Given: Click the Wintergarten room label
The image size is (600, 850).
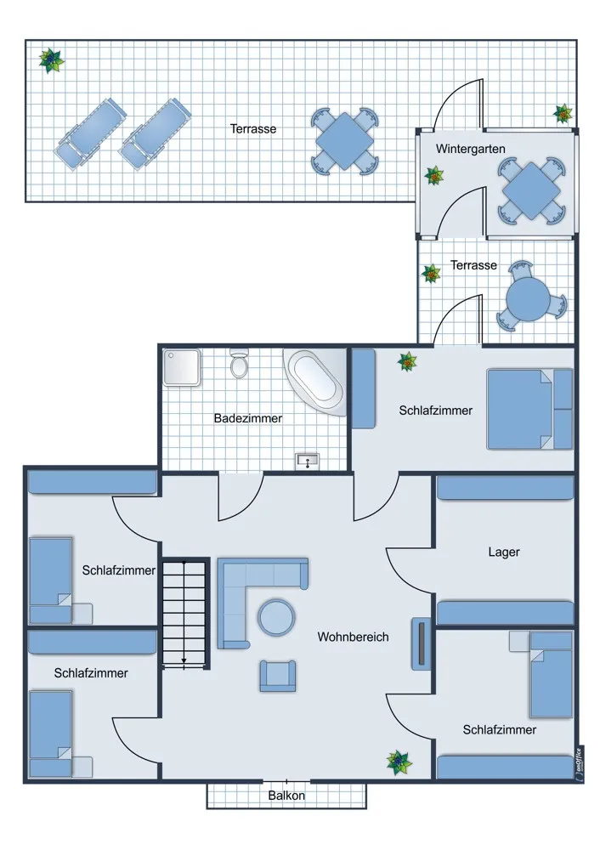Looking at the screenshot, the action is (x=471, y=149).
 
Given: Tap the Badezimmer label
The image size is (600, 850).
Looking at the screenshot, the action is (x=247, y=418).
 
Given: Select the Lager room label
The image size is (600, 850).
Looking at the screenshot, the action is (x=504, y=552).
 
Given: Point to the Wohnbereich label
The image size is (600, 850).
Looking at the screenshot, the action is (x=353, y=637).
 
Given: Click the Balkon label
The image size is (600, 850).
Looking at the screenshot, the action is (x=286, y=796).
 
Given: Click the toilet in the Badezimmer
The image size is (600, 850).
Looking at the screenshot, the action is (x=239, y=363).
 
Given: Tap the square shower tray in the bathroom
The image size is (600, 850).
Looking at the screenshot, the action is (x=182, y=367).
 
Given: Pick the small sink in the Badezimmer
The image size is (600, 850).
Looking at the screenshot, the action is (x=308, y=462).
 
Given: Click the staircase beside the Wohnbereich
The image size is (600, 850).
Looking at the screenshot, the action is (x=184, y=614).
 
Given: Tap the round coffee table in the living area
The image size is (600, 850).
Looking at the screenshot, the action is (x=276, y=617).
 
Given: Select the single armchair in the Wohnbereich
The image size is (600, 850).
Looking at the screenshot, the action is (x=278, y=676).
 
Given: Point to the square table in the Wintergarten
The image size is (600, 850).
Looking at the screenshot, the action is (x=531, y=190).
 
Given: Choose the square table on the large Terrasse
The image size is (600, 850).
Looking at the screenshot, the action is (x=344, y=140).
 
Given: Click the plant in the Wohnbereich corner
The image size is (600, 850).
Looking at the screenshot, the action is (x=399, y=762).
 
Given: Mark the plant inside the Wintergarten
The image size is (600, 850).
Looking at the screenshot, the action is (x=434, y=176).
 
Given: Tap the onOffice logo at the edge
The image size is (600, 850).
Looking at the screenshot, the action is (x=578, y=764).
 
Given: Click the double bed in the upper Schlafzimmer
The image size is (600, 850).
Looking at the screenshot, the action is (x=529, y=410).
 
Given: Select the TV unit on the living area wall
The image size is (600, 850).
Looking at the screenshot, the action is (x=421, y=643).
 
